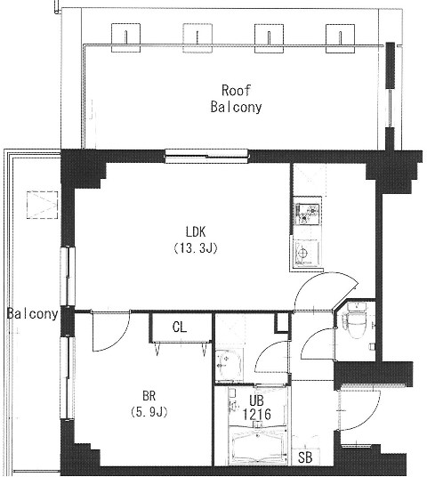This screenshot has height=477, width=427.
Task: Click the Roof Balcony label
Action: click(236, 99)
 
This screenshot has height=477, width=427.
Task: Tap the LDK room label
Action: click(196, 232)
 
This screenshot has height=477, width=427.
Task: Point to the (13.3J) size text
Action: click(196, 248)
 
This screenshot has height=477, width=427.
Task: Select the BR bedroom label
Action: click(149, 396)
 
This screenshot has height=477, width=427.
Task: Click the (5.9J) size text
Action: click(149, 412)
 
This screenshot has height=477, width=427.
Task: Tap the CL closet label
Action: click(180, 327)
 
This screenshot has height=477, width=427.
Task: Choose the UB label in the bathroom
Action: click(256, 400)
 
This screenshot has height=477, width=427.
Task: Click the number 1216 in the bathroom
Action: click(256, 414)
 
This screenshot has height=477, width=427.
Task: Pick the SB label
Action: click(305, 457)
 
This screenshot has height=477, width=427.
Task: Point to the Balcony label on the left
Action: click(32, 313)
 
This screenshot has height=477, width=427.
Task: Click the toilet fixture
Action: click(356, 320)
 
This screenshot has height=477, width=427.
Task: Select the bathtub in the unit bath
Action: click(258, 445)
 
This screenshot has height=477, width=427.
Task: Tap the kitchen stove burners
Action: click(307, 214)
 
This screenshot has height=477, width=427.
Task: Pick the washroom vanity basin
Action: click(229, 365)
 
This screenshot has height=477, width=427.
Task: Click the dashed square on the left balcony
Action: click(43, 205)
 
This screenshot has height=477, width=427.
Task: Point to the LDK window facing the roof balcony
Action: click(206, 156)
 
